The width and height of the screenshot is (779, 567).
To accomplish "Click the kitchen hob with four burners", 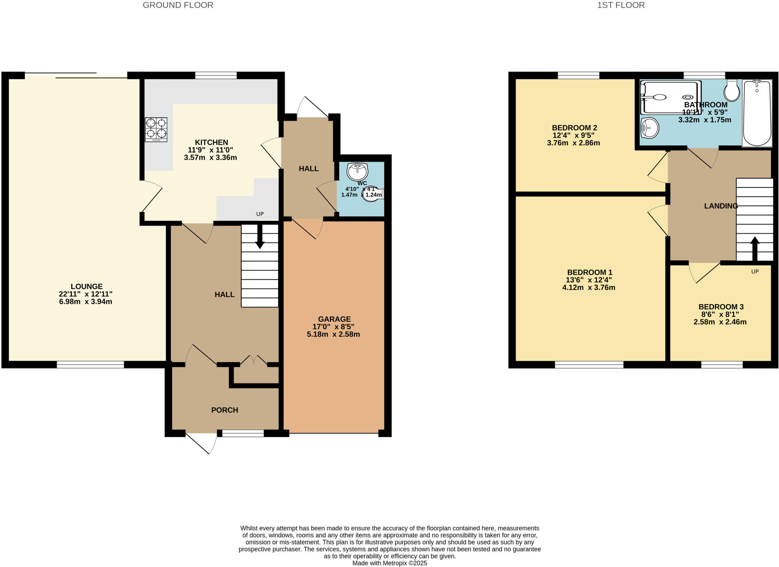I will tap(156, 129).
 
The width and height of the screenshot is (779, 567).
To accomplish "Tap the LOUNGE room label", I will tap(86, 287).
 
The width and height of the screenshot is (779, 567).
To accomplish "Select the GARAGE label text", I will tap(334, 319).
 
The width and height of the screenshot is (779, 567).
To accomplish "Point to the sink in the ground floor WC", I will tap(357, 172).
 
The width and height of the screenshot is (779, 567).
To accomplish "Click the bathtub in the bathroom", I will tap(757, 113).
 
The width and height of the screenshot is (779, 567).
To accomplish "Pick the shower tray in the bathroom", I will tap(670, 97).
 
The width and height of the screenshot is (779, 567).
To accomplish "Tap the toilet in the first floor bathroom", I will tap(732, 91).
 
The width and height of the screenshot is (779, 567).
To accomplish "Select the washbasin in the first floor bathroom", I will tap(649, 128).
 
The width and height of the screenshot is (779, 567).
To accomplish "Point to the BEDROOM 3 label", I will tap(721, 307).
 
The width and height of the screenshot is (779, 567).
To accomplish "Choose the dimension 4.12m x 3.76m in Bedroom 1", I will tap(588, 288).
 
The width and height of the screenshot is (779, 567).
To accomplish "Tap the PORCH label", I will tap(224, 410).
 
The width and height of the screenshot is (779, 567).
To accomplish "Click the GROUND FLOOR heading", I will tap(178, 5).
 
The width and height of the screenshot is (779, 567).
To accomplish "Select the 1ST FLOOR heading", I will tap(621, 5).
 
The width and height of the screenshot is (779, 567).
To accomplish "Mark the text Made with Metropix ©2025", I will tap(389, 563).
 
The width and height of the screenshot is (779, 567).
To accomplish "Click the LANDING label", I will tap(720, 206).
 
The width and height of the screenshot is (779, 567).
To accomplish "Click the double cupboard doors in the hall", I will tap(254, 360).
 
